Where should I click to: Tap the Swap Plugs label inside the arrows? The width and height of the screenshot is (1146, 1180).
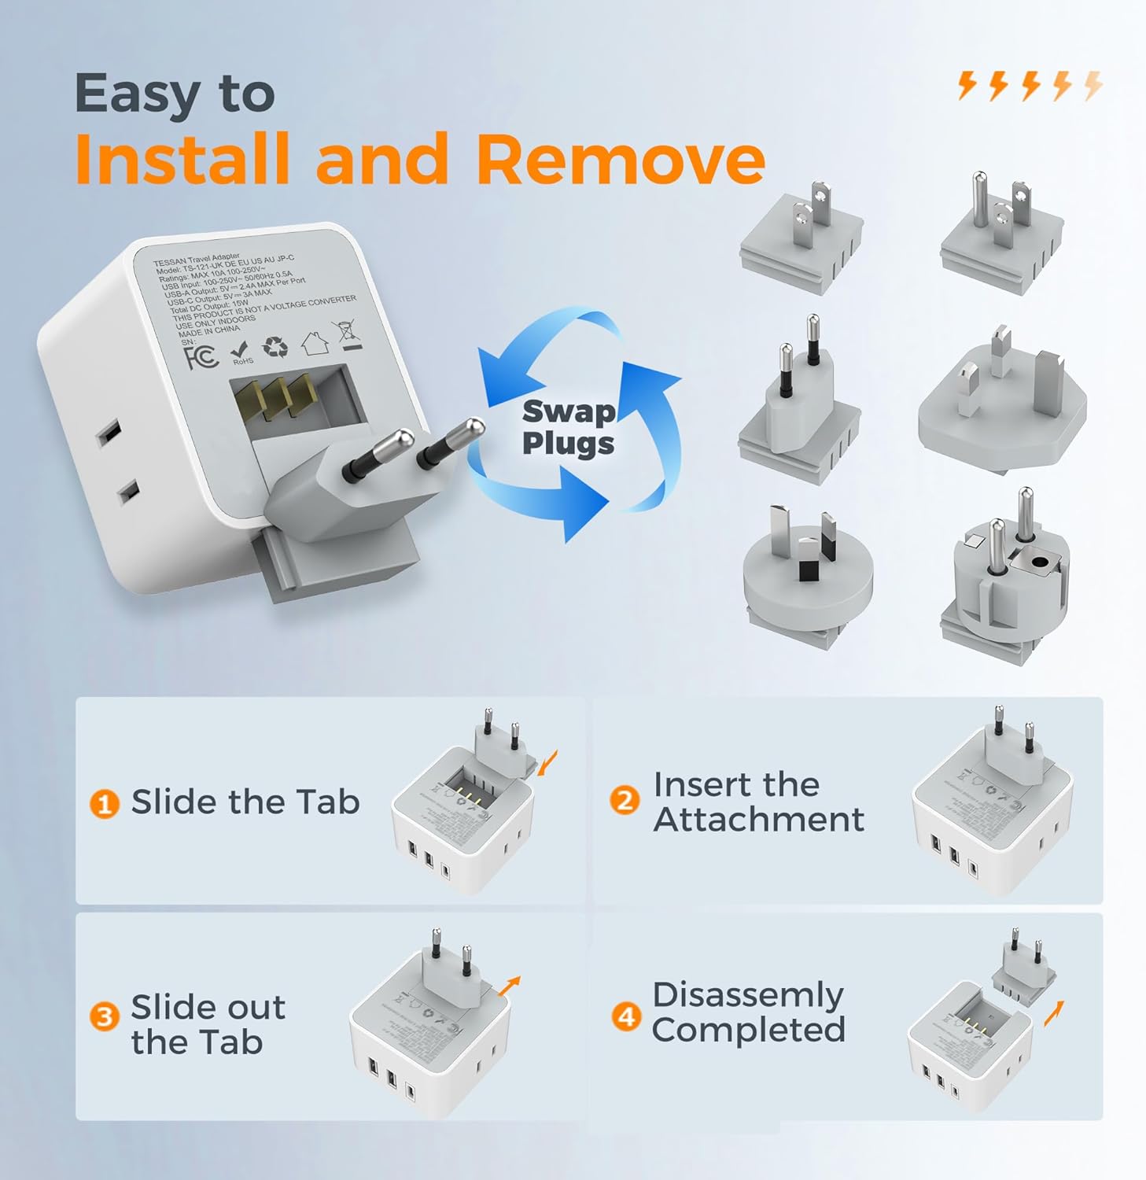coord(568,427)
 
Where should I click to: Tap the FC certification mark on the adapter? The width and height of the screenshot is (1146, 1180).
coord(201,358)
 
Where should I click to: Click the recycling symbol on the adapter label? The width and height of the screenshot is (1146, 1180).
coord(275,347)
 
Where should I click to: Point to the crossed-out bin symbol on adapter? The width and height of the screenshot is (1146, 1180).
coord(348,334)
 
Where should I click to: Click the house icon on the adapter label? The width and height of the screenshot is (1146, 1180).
coord(313,341)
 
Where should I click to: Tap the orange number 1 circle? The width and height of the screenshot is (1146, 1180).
coord(104,804)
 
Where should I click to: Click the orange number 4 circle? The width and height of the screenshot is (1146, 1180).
coord(625,1016)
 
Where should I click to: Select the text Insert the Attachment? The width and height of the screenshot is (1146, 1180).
coord(757,802)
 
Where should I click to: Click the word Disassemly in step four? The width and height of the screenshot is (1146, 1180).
coord(747,995)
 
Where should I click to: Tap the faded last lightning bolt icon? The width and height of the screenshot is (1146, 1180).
coord(1093,85)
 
